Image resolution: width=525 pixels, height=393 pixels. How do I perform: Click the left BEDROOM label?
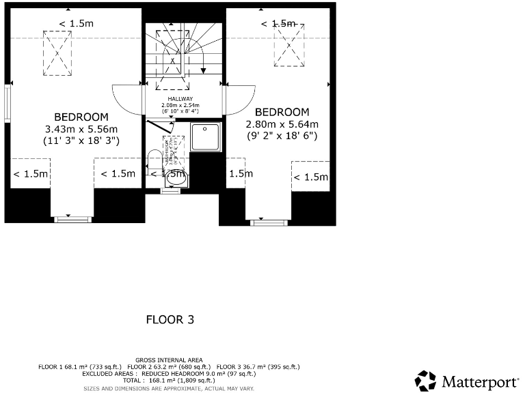click(x=81, y=116)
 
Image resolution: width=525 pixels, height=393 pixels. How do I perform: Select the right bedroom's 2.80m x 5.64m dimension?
click(x=282, y=124)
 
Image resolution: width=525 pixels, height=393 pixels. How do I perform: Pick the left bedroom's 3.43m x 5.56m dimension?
click(x=81, y=129)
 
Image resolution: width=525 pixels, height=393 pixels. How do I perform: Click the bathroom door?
click(x=161, y=127)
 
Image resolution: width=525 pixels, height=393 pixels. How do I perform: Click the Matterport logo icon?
click(x=425, y=381)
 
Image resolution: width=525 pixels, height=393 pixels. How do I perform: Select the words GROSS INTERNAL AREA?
click(x=168, y=360)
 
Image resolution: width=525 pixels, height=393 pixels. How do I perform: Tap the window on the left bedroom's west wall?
click(x=8, y=103)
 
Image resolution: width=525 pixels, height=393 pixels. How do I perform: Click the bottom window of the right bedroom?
click(x=268, y=222)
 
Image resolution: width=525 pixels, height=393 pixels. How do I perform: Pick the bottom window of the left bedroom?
click(x=72, y=219)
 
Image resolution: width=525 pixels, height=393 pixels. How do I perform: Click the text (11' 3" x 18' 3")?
click(x=81, y=141)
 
